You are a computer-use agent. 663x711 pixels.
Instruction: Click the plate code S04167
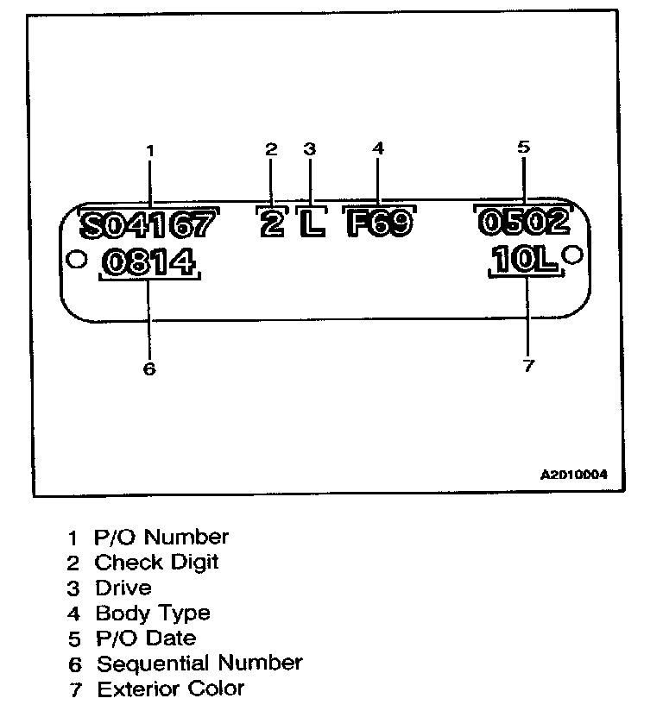click(148, 226)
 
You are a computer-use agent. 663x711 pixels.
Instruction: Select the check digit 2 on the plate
click(271, 225)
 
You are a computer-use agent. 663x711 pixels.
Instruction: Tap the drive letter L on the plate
click(311, 225)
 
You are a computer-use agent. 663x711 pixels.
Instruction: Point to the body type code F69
click(378, 224)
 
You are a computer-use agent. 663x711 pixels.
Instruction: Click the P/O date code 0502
click(523, 223)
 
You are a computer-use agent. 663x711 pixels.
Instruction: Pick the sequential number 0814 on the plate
click(148, 262)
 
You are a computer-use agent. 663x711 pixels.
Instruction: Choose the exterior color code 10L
click(525, 261)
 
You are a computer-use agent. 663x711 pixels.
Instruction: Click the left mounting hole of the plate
click(75, 258)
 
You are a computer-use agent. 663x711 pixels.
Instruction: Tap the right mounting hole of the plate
click(572, 255)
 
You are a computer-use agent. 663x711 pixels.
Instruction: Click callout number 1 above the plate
click(149, 150)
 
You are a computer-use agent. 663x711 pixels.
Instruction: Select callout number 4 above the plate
click(377, 148)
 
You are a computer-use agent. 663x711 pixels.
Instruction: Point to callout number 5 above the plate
click(523, 147)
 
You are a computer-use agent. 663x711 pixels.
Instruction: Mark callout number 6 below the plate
click(148, 368)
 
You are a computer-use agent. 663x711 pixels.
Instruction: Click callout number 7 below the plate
click(528, 365)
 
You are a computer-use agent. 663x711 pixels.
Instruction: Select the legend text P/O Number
click(161, 537)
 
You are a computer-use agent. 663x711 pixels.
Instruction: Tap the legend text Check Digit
click(156, 563)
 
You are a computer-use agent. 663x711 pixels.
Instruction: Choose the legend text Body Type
click(152, 613)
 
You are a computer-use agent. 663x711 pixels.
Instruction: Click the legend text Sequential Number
click(199, 664)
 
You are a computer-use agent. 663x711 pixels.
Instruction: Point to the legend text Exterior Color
click(170, 689)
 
